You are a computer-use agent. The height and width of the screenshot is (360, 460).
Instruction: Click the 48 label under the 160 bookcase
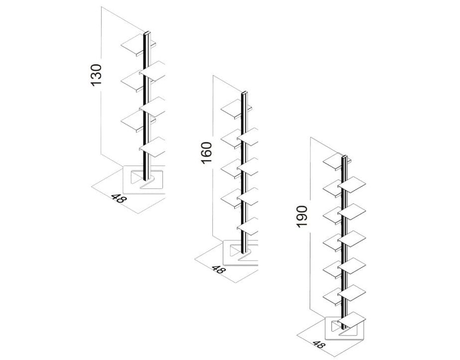pos(218,270)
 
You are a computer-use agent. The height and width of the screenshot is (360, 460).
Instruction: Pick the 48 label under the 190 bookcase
pos(317,344)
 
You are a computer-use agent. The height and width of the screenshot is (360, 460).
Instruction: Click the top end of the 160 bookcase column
pos(244,93)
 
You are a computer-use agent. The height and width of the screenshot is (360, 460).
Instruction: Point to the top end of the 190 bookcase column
pos(344,158)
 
